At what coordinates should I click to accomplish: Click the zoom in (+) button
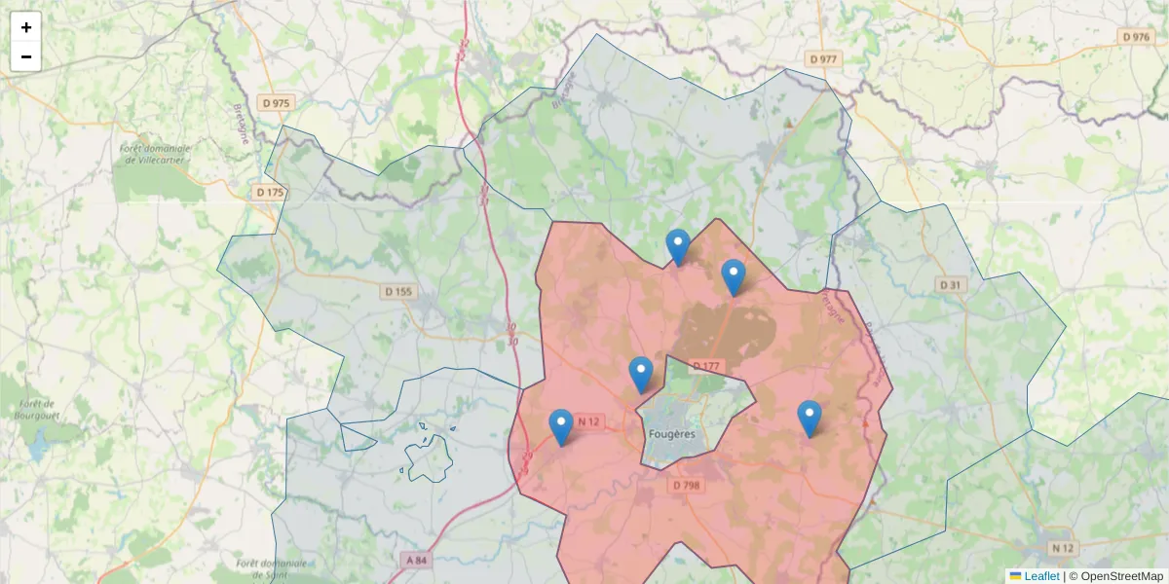(x=26, y=27)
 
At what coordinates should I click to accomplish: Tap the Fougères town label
(x=672, y=434)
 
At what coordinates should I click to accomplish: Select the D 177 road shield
(x=706, y=366)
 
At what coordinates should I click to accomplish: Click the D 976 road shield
(x=1137, y=36)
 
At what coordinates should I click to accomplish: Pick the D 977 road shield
(x=823, y=59)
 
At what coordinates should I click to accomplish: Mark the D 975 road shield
(x=276, y=102)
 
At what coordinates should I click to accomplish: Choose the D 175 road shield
(x=270, y=193)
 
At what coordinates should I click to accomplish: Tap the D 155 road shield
(x=398, y=291)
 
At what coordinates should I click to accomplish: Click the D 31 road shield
(x=950, y=284)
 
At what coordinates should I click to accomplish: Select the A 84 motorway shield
(x=415, y=560)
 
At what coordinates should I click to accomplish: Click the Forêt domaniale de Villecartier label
(x=155, y=153)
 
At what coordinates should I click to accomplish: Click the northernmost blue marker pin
(x=678, y=246)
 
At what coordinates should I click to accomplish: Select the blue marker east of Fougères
(x=810, y=418)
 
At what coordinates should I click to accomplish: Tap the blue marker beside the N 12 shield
(x=561, y=426)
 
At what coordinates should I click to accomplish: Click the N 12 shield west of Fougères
(x=589, y=421)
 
